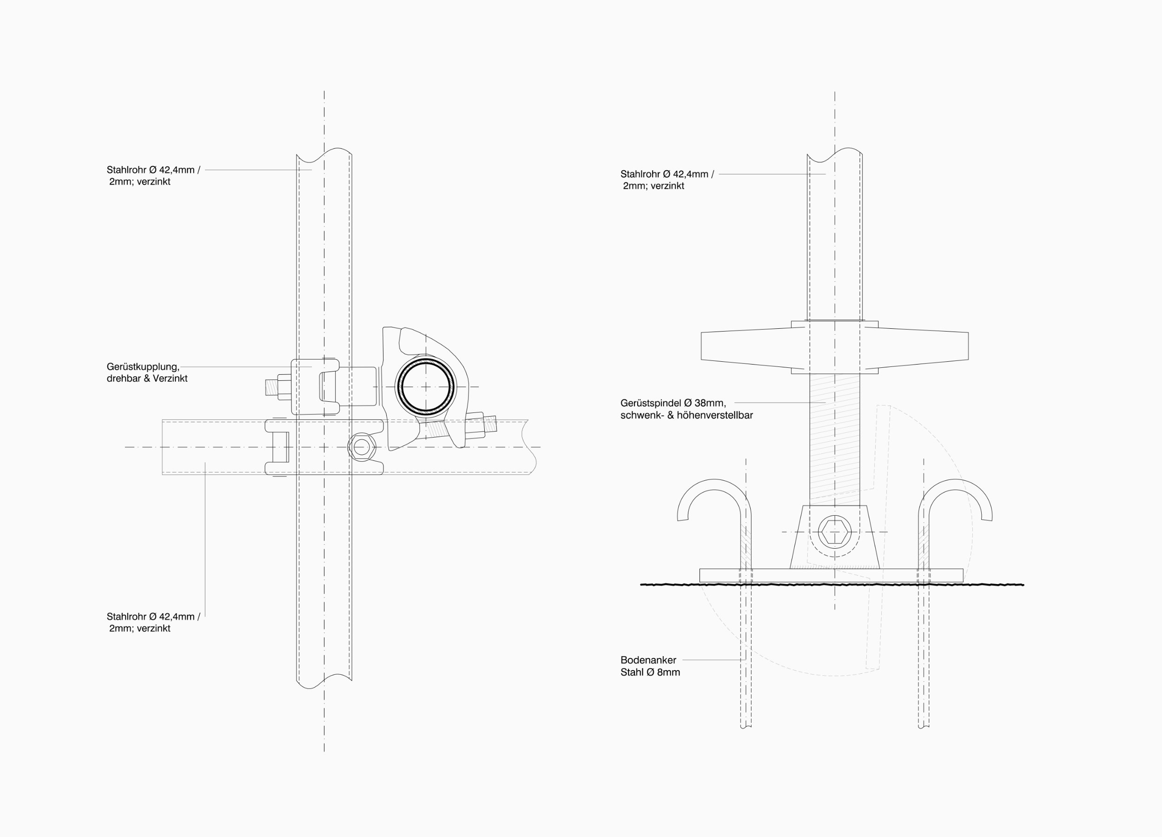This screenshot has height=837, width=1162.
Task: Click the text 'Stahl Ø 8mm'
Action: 650,672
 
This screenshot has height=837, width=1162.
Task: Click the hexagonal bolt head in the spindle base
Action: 835,532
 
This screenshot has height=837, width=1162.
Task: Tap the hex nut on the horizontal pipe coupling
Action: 362,447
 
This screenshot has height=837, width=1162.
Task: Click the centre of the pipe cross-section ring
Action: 426,386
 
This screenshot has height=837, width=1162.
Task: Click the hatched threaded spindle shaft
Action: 835,436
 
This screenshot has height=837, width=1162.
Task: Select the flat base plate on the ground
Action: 831,576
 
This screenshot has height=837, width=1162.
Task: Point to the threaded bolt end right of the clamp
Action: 490,423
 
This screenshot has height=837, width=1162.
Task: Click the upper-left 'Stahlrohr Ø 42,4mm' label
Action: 153,170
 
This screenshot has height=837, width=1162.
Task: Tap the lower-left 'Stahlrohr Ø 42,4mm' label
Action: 153,617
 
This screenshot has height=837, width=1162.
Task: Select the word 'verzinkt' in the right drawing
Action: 667,186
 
